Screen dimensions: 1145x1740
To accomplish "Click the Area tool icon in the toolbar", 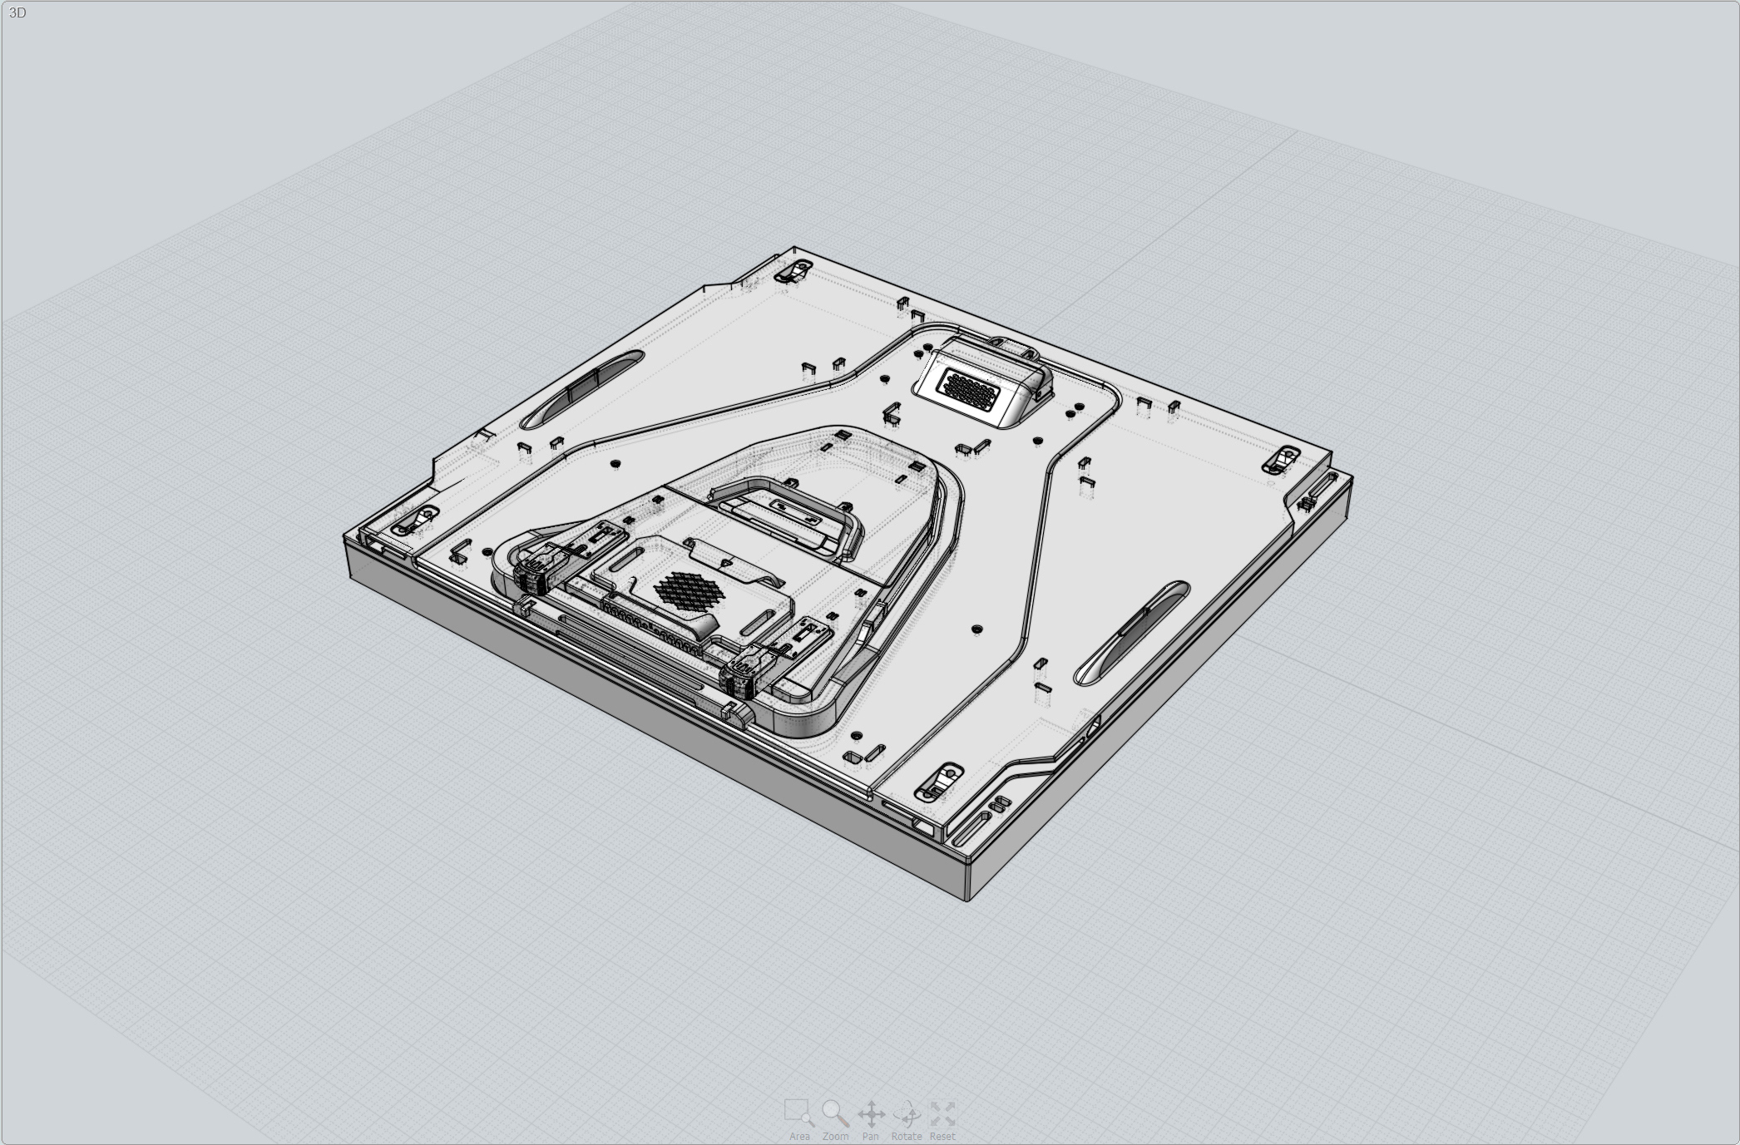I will (x=798, y=1112).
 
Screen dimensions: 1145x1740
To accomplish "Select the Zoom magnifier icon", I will (x=834, y=1112).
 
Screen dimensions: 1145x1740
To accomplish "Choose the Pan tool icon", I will (x=871, y=1113).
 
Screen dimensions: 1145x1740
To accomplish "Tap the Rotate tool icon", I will (x=907, y=1113).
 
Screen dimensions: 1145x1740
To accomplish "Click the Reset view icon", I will (x=942, y=1113).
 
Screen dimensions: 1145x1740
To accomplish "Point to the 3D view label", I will (x=17, y=13).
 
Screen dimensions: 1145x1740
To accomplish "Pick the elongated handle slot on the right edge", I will (x=1133, y=632).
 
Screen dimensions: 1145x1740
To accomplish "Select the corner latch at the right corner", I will (x=1283, y=459).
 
